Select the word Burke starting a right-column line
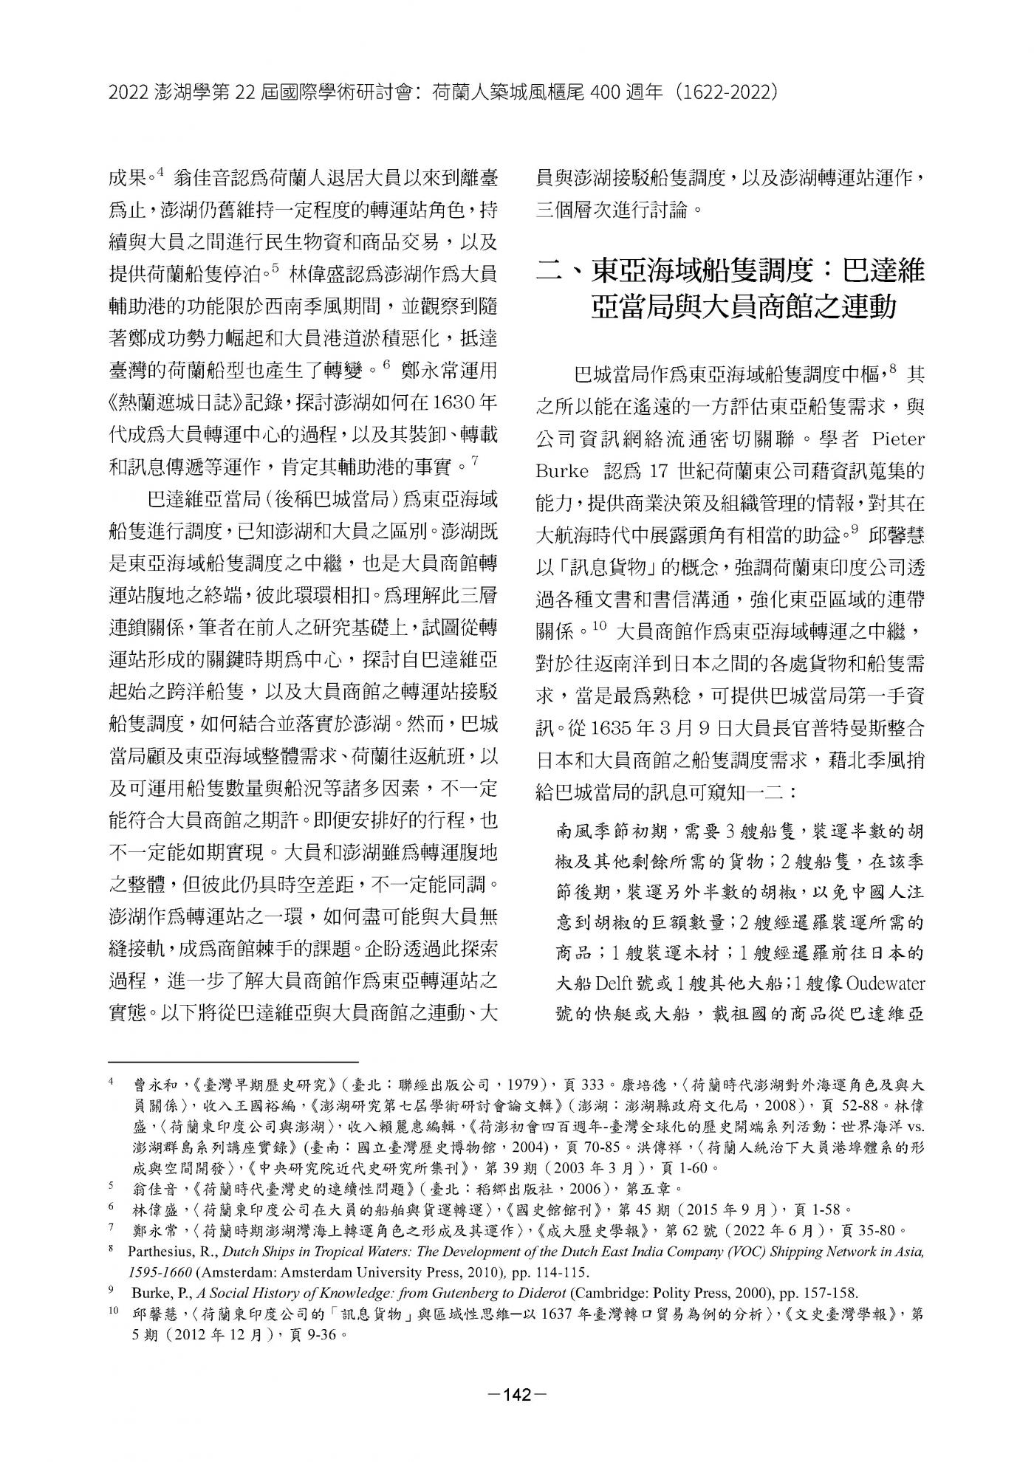click(563, 470)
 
